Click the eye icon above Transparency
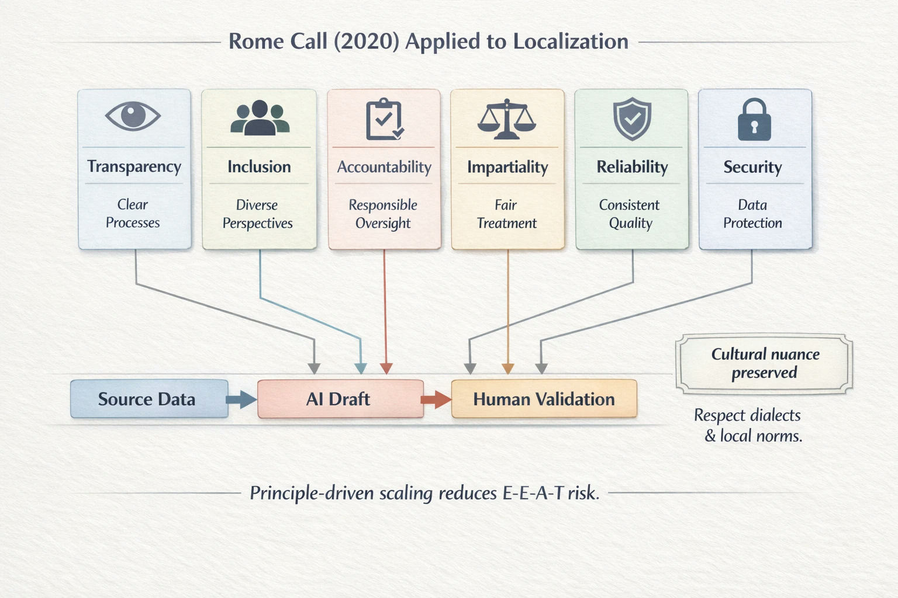pyautogui.click(x=133, y=116)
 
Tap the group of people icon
pyautogui.click(x=260, y=117)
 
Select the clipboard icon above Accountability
pyautogui.click(x=385, y=119)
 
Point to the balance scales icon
pyautogui.click(x=507, y=119)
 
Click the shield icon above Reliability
pyautogui.click(x=632, y=119)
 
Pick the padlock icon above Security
pyautogui.click(x=754, y=119)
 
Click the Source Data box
pyautogui.click(x=149, y=399)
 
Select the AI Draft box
pyautogui.click(x=340, y=399)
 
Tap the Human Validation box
pyautogui.click(x=544, y=399)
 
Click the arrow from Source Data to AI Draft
pyautogui.click(x=241, y=399)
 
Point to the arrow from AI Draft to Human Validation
pyautogui.click(x=436, y=399)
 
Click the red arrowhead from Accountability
pyautogui.click(x=386, y=368)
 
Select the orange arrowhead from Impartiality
pyautogui.click(x=508, y=368)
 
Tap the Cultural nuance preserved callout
pyautogui.click(x=764, y=364)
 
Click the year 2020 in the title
pyautogui.click(x=367, y=41)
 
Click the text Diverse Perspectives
pyautogui.click(x=257, y=214)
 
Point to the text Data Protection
pyautogui.click(x=752, y=214)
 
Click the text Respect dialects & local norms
pyautogui.click(x=748, y=425)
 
